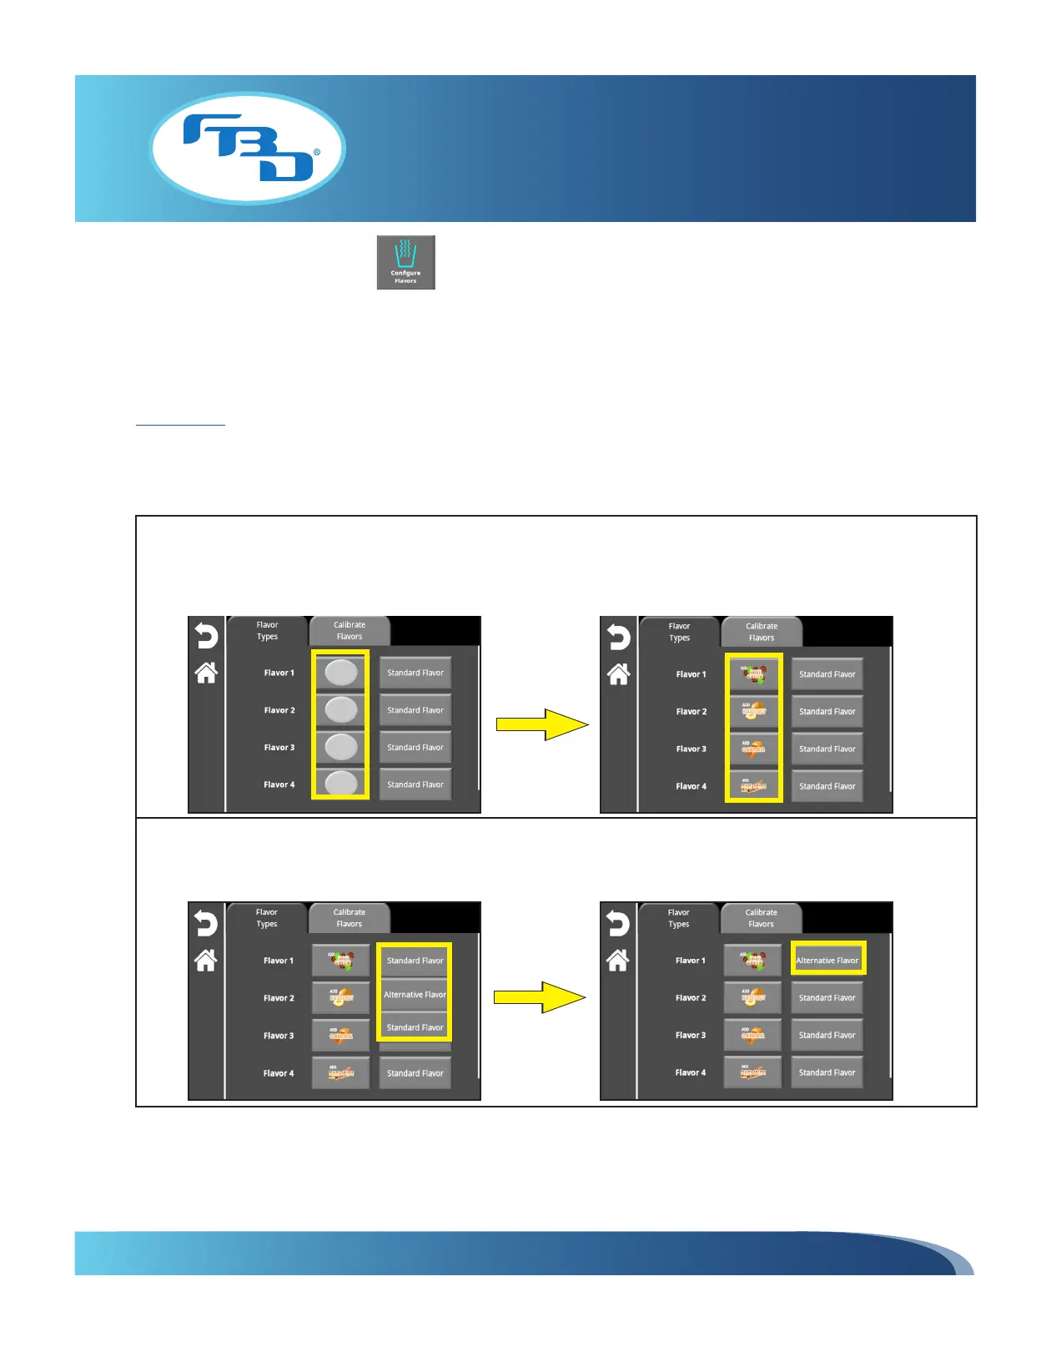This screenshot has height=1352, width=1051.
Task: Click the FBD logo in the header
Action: [x=247, y=148]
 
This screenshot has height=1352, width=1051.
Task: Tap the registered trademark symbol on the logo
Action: [x=317, y=153]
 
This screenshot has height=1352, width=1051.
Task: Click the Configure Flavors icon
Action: [x=406, y=262]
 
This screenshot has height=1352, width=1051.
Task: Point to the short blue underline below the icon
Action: [x=180, y=425]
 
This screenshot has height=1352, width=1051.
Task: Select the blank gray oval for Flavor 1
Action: [x=340, y=672]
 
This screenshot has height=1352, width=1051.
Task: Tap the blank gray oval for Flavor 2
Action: [x=340, y=709]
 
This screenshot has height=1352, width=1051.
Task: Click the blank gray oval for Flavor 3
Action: [x=340, y=747]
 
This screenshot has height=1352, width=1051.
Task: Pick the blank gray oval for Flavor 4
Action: [x=340, y=783]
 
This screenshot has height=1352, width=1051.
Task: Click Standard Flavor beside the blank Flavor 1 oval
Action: [x=415, y=673]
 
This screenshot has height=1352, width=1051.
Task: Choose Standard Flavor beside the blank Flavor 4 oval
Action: [x=415, y=784]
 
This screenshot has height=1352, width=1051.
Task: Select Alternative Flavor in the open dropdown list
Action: [x=415, y=995]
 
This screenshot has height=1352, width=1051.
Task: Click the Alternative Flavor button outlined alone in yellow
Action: [x=827, y=960]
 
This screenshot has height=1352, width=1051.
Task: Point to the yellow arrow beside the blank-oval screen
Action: [x=542, y=724]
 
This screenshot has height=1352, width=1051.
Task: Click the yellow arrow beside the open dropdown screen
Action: [x=540, y=997]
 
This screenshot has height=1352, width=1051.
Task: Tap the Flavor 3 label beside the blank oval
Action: [x=279, y=748]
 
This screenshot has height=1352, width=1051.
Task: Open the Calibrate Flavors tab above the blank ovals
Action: [x=349, y=631]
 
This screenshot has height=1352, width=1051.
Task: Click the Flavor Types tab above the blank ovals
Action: [x=268, y=631]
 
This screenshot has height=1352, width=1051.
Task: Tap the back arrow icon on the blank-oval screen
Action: [x=206, y=637]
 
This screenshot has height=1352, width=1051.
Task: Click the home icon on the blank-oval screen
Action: [x=206, y=673]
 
